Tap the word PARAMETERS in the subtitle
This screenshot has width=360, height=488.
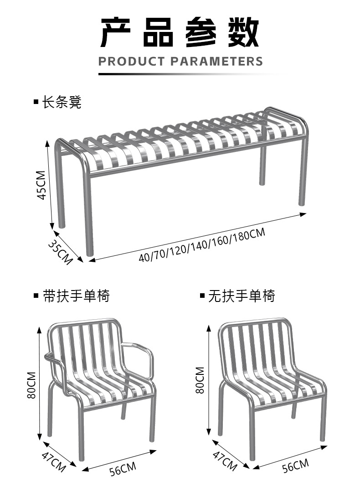tap(216, 61)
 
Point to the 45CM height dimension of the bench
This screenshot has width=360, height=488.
tap(41, 185)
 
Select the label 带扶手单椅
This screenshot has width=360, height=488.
tap(76, 296)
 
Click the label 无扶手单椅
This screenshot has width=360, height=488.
tap(242, 296)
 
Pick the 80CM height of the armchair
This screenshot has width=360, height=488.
tap(31, 385)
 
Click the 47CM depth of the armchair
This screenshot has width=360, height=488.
tap(53, 461)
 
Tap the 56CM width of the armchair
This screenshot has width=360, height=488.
tap(123, 468)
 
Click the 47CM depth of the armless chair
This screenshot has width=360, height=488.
tap(225, 460)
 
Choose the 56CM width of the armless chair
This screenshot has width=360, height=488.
tap(294, 466)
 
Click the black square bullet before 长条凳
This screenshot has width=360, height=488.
tap(36, 102)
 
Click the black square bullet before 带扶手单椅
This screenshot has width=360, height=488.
tap(36, 296)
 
